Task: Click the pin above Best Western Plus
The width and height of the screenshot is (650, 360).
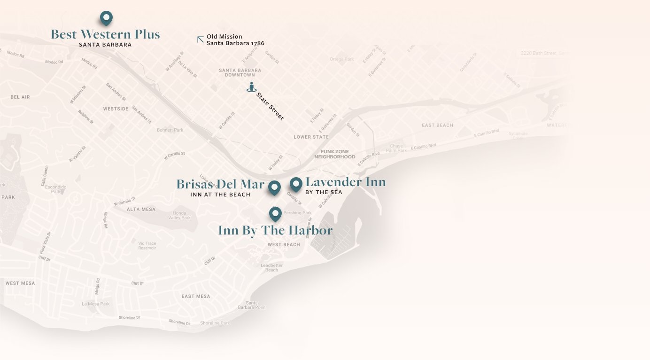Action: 107,18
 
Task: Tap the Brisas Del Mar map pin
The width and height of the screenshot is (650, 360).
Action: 274,188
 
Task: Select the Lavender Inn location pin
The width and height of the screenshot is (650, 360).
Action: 296,184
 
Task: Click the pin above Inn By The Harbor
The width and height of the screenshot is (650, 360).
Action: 275,214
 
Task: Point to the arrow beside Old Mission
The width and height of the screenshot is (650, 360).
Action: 201,39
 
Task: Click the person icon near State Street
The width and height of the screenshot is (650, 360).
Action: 252,87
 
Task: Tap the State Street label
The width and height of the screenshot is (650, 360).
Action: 270,106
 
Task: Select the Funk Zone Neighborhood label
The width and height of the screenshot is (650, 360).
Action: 335,154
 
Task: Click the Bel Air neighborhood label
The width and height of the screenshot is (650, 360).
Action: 20,97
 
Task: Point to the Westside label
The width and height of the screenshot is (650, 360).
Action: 116,109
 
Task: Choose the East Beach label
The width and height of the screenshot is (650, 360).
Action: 437,125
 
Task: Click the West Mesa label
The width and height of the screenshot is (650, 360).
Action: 20,283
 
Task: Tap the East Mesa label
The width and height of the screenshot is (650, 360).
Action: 196,296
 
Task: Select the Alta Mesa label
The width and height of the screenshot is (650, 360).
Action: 140,209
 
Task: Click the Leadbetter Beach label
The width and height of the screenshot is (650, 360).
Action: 271,267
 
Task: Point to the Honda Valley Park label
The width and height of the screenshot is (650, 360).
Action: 179,215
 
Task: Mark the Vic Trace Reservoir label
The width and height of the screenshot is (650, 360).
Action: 147,245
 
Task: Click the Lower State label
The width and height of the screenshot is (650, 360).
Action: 311,137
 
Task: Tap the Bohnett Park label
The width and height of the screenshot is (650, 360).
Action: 170,130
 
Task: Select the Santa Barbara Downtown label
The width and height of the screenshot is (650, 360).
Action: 240,72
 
